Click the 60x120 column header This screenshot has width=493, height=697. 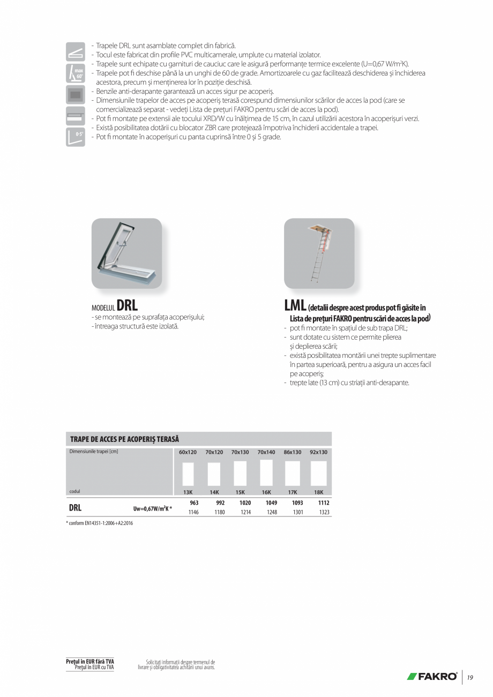[188, 452]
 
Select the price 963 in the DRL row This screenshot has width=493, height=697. [194, 503]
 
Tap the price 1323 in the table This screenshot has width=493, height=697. [324, 512]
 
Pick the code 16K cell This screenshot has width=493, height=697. [266, 492]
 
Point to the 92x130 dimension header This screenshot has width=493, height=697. [318, 452]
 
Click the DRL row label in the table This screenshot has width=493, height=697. [75, 507]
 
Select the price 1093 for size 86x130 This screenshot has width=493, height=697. [297, 503]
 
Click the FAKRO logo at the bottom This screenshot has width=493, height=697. [432, 677]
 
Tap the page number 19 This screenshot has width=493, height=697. [470, 677]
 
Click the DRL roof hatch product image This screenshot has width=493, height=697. [126, 253]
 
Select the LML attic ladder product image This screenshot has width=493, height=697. [319, 253]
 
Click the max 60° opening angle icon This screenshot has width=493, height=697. [76, 74]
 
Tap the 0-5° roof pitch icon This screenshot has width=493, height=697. [76, 137]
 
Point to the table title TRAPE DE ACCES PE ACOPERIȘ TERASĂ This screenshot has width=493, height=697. [124, 439]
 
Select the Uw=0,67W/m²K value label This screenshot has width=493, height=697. [152, 508]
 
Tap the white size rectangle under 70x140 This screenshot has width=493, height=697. [266, 473]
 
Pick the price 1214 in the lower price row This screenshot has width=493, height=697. [245, 512]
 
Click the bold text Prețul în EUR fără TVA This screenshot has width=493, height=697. [89, 662]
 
